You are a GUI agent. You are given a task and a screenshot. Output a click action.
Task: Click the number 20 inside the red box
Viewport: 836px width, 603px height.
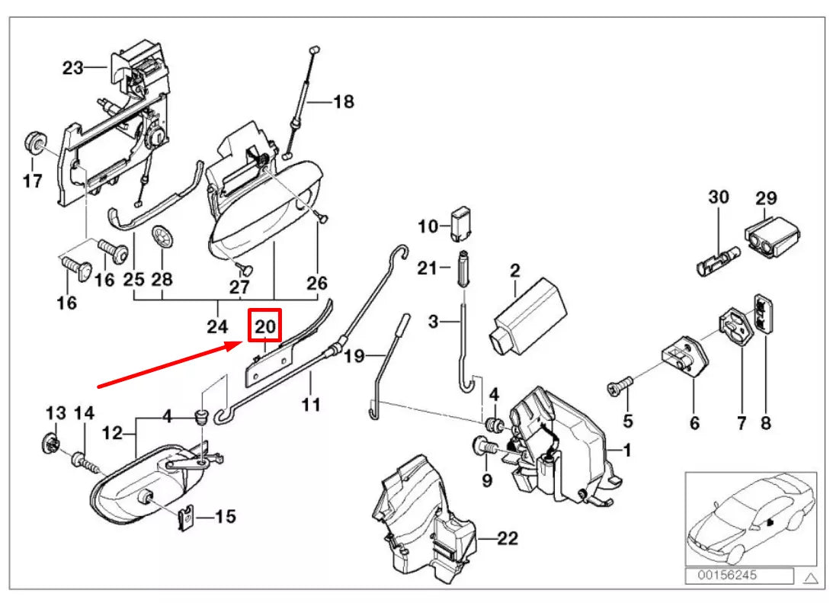pos(265,326)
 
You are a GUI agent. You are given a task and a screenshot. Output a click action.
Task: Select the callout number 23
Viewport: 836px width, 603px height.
pos(72,68)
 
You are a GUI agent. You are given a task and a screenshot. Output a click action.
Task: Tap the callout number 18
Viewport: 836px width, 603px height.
pos(344,101)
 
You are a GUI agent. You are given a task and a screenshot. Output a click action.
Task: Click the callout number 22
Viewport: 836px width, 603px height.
pos(508,538)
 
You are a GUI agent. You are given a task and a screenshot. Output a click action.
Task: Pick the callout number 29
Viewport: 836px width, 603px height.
pos(766,198)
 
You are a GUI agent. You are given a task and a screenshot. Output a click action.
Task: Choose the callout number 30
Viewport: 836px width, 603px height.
pos(719,197)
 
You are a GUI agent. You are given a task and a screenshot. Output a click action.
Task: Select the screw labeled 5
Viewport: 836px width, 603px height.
pos(618,390)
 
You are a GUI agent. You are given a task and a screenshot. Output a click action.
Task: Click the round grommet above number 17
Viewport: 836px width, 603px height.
pos(34,142)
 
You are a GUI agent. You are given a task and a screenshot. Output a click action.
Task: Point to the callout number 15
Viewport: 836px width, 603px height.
pos(225,517)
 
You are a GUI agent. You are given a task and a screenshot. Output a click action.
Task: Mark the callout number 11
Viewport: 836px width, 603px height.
pos(310,404)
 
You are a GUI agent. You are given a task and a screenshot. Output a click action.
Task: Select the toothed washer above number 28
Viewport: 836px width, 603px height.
pos(162,236)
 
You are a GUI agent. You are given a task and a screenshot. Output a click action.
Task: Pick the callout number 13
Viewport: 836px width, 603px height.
pos(56,413)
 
